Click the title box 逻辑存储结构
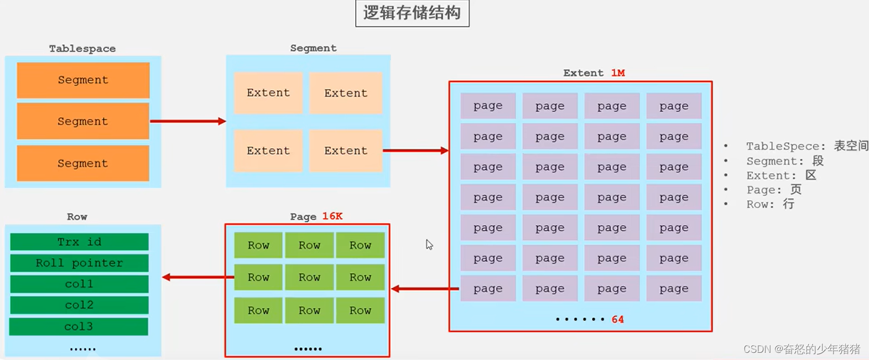(x=412, y=13)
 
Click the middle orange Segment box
(x=83, y=121)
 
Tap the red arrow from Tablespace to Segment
(x=188, y=121)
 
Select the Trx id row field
(x=79, y=242)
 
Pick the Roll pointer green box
(x=79, y=263)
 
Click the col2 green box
(x=79, y=305)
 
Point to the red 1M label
(x=618, y=73)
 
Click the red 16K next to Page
(x=332, y=216)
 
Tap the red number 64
(x=617, y=320)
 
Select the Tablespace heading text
(x=82, y=49)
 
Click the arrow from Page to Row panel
(x=197, y=277)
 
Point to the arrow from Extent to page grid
(x=415, y=150)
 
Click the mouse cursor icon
(x=429, y=244)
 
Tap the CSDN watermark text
(x=802, y=349)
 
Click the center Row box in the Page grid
(x=309, y=277)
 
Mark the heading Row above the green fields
(x=77, y=217)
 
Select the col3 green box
(x=79, y=326)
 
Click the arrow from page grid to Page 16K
(x=425, y=289)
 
